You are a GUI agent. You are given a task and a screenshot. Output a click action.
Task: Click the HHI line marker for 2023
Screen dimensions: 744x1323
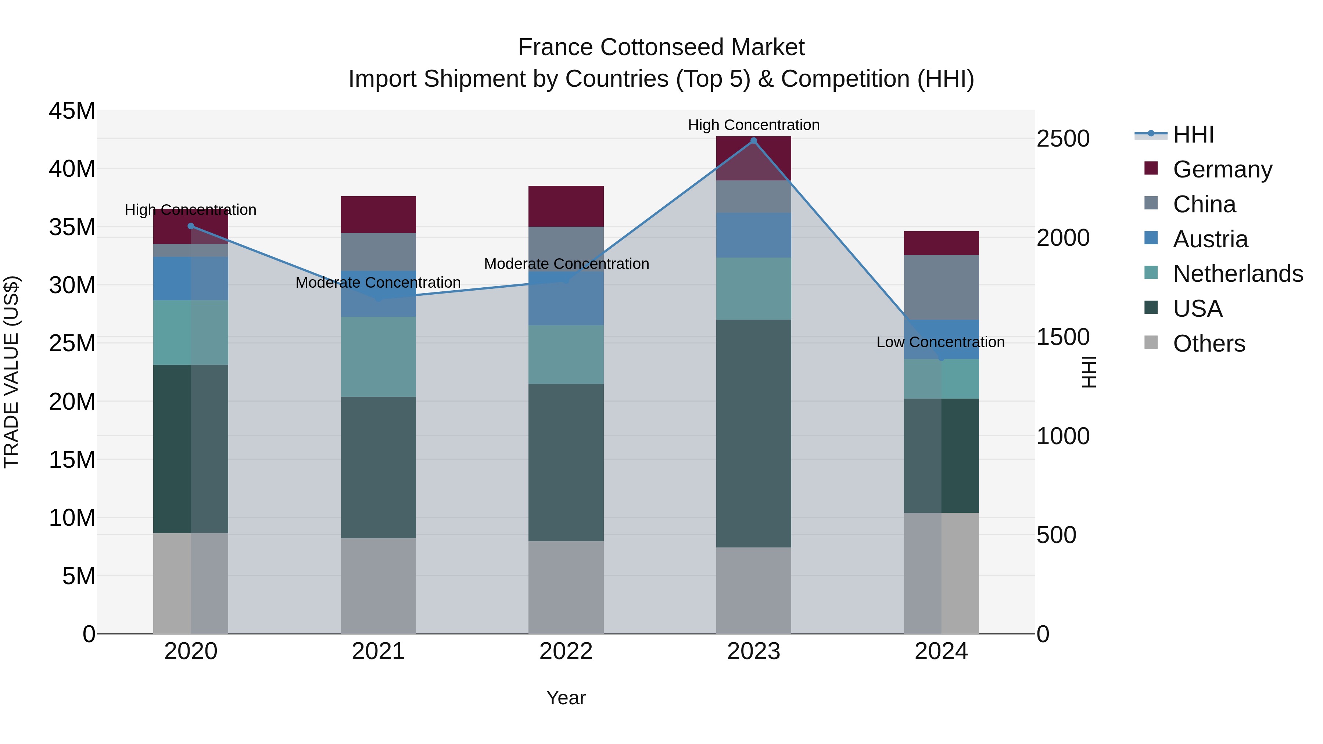point(753,141)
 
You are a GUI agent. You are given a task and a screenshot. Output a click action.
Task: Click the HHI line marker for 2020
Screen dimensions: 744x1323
point(190,226)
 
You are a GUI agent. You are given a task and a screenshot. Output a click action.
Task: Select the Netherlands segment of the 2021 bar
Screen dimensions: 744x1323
point(378,356)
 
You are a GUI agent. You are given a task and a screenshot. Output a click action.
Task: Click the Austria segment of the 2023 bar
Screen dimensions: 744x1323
point(753,235)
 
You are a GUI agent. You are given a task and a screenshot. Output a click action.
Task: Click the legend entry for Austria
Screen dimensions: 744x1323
point(1210,239)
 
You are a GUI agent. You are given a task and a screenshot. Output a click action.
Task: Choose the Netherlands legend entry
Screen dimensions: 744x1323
point(1238,274)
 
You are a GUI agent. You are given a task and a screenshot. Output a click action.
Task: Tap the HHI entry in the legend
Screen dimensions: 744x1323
point(1193,134)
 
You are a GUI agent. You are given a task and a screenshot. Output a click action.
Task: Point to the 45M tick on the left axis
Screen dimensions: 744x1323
point(72,111)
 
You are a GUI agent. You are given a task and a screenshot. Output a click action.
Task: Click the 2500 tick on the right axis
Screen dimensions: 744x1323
point(1062,139)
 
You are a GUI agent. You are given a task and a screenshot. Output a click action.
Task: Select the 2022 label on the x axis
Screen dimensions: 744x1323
point(566,651)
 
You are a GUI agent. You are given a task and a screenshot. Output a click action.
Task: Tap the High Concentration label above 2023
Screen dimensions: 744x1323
point(753,125)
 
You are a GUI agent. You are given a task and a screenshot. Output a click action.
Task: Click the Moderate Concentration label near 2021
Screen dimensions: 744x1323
point(378,283)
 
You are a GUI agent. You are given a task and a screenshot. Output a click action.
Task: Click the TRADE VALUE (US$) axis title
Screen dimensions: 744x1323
point(11,372)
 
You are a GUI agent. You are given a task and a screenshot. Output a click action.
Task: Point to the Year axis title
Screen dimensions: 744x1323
point(566,698)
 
